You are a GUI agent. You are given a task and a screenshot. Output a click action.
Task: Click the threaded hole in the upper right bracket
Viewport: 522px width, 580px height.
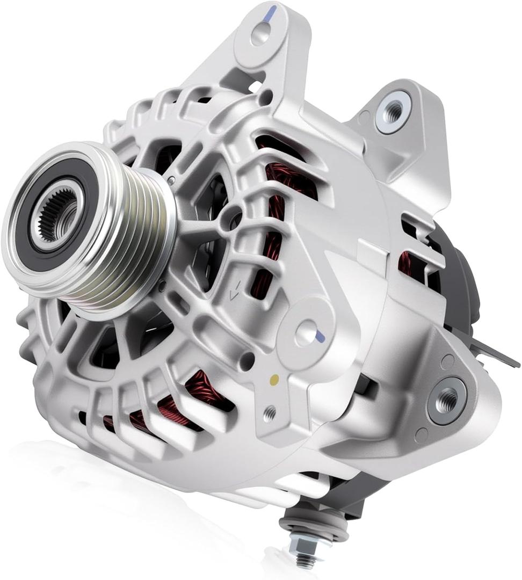(x=393, y=111)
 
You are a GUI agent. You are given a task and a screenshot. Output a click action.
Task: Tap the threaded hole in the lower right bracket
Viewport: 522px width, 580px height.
(x=447, y=398)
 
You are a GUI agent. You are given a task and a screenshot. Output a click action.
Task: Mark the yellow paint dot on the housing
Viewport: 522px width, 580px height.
(x=274, y=380)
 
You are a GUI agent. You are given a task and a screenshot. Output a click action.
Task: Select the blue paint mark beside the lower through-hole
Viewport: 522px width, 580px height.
(x=321, y=337)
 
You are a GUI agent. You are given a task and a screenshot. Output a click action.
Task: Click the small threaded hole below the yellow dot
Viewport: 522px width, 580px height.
(x=270, y=412)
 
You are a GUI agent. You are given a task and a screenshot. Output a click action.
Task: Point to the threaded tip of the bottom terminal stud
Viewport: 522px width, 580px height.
(x=305, y=562)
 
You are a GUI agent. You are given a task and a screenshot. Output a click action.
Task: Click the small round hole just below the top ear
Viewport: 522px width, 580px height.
(x=265, y=98)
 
